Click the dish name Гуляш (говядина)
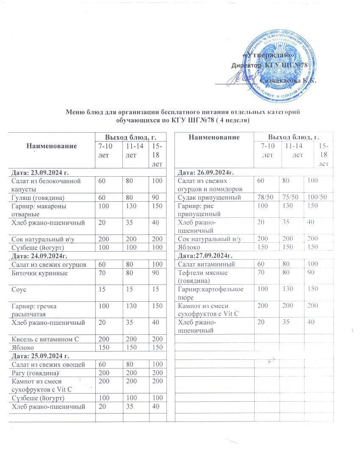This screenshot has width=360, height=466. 38,197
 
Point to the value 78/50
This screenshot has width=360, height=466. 263,197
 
